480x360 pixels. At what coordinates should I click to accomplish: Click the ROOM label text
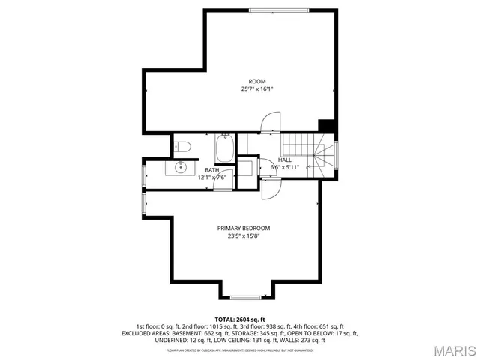(x=257, y=81)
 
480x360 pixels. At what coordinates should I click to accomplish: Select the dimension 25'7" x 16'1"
(x=257, y=89)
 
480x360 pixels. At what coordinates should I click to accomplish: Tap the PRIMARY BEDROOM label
(x=244, y=228)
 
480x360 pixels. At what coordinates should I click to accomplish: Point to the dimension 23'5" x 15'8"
(x=244, y=235)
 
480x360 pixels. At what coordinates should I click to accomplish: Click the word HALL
(x=285, y=160)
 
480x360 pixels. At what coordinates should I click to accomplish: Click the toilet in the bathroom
(x=184, y=146)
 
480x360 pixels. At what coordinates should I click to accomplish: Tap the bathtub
(x=224, y=148)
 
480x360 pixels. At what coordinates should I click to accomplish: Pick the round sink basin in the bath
(x=181, y=168)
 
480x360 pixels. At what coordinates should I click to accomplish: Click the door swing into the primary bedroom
(x=270, y=191)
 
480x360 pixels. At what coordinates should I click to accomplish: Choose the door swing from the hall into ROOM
(x=270, y=123)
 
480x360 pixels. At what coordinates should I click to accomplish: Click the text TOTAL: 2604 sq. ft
(x=240, y=319)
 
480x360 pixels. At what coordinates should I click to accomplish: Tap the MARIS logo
(x=454, y=350)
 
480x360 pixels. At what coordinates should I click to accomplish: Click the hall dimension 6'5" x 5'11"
(x=285, y=167)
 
